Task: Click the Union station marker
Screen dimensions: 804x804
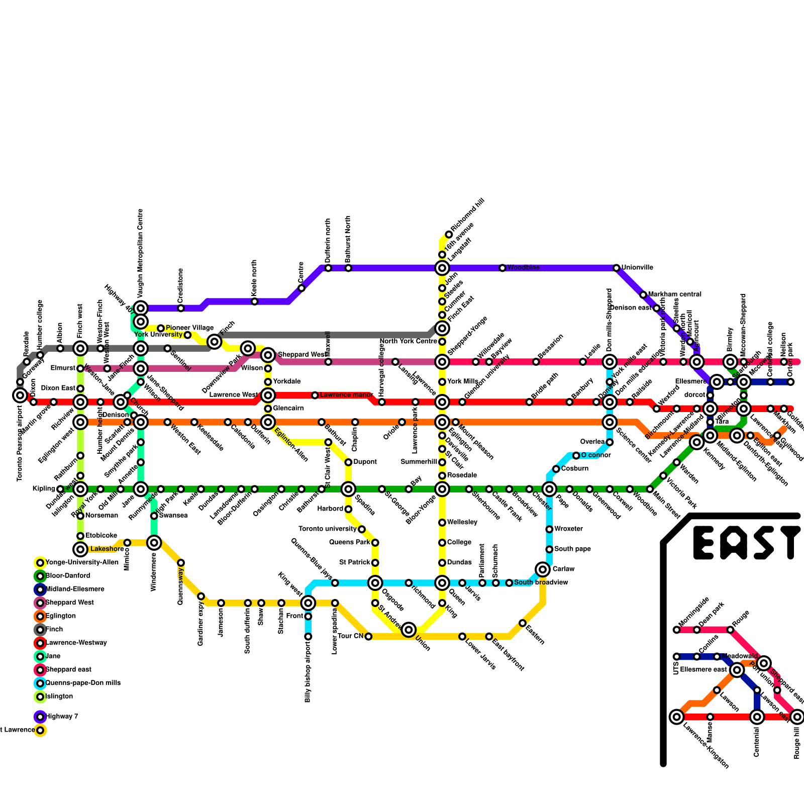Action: [409, 629]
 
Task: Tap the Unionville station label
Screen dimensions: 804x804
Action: [637, 268]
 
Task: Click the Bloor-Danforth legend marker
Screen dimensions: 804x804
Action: [40, 576]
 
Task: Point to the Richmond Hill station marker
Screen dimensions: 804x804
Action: [449, 235]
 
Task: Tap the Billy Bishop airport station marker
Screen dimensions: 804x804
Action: [308, 637]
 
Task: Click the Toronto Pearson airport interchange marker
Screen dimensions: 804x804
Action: [20, 395]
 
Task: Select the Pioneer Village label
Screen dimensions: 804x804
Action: [189, 328]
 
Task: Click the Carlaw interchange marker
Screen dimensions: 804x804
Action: [543, 569]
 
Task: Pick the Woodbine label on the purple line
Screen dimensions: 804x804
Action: [523, 268]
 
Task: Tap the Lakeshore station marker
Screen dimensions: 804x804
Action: [80, 549]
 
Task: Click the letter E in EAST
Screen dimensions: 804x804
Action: [703, 543]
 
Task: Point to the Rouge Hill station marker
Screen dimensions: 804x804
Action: [797, 717]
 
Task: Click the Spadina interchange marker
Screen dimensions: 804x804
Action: [348, 489]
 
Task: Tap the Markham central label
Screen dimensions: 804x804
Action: [674, 294]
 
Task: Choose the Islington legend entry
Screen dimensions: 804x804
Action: [59, 696]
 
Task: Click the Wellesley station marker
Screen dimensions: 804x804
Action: [442, 523]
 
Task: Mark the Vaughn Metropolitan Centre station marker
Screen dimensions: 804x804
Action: [141, 308]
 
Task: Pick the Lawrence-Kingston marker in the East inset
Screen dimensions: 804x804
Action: [677, 717]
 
